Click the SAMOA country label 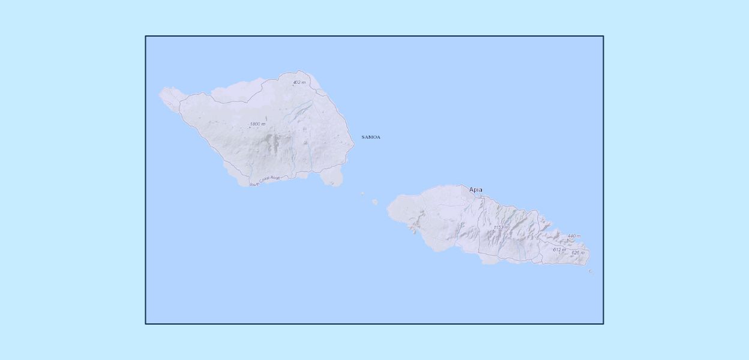click(x=370, y=137)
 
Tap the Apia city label click(x=475, y=190)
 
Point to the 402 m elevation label click(x=299, y=82)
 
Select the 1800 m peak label click(x=257, y=124)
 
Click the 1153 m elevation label click(x=501, y=228)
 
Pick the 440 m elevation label click(x=574, y=236)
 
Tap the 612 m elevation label click(x=559, y=250)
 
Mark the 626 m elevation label click(x=578, y=253)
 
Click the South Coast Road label click(x=265, y=181)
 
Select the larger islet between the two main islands click(x=375, y=202)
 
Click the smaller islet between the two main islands click(x=362, y=193)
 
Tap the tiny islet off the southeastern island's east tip click(x=591, y=271)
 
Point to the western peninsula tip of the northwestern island click(x=161, y=93)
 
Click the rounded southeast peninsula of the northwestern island click(x=332, y=178)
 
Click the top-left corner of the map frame click(x=146, y=37)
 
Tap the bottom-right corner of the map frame click(x=603, y=323)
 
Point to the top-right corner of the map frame click(x=603, y=37)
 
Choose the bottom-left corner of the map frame click(x=146, y=323)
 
